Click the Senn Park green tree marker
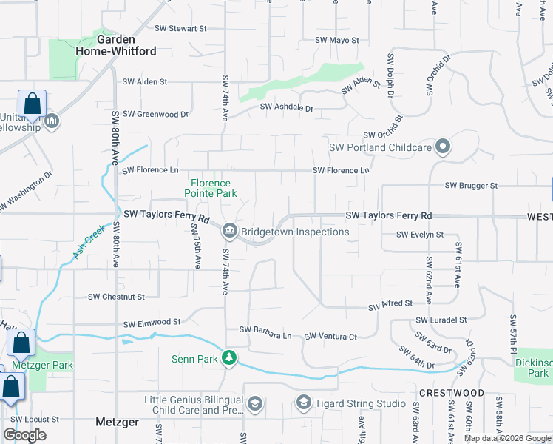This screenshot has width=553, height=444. [230, 359]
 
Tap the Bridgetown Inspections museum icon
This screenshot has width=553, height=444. [230, 232]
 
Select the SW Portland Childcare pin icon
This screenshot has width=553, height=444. [443, 147]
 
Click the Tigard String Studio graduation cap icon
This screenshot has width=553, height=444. [303, 403]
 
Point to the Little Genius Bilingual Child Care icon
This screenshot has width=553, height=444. [255, 404]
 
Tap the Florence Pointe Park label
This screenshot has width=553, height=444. [211, 188]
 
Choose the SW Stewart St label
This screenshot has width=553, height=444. [177, 28]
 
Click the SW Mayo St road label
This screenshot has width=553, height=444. [337, 40]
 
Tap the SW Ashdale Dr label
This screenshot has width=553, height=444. [287, 108]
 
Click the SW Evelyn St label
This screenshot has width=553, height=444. [420, 235]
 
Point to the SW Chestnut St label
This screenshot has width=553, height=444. [117, 297]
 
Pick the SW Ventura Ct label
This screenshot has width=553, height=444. [331, 337]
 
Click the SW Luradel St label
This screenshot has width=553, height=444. [441, 320]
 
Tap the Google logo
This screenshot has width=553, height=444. [24, 435]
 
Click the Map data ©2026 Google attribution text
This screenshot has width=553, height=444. [507, 438]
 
